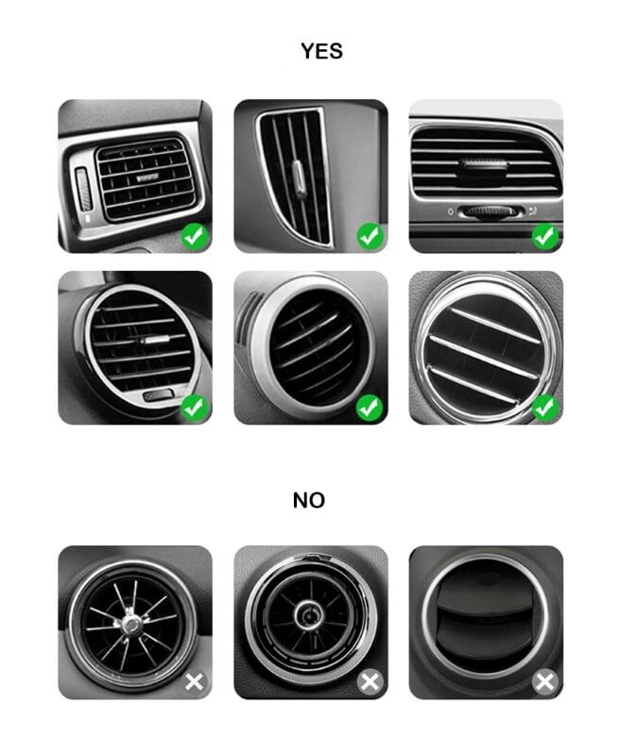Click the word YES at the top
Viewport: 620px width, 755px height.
pyautogui.click(x=321, y=51)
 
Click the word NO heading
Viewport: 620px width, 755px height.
pyautogui.click(x=309, y=500)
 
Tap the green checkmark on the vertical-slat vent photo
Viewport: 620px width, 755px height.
pyautogui.click(x=370, y=237)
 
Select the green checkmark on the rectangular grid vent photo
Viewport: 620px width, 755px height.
pyautogui.click(x=195, y=237)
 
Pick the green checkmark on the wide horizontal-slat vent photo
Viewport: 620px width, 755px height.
pyautogui.click(x=545, y=237)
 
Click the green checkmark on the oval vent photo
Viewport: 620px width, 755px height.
pyautogui.click(x=195, y=408)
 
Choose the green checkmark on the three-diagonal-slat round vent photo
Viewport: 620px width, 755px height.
pyautogui.click(x=545, y=408)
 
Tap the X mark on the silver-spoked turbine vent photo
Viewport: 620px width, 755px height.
pyautogui.click(x=195, y=681)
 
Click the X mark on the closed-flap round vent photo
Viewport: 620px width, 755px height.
pyautogui.click(x=545, y=681)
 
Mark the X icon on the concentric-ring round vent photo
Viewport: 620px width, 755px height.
pyautogui.click(x=370, y=681)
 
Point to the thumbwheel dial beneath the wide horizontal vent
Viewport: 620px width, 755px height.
pyautogui.click(x=491, y=211)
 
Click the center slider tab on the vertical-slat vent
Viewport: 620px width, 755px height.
pyautogui.click(x=298, y=178)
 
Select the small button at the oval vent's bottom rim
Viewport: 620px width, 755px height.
pyautogui.click(x=158, y=395)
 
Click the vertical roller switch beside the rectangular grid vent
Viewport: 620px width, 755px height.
pyautogui.click(x=83, y=190)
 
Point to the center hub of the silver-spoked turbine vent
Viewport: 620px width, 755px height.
pyautogui.click(x=130, y=625)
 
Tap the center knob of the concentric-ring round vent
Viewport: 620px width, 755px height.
pyautogui.click(x=308, y=615)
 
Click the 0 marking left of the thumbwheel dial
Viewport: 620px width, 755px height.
pyautogui.click(x=450, y=211)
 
